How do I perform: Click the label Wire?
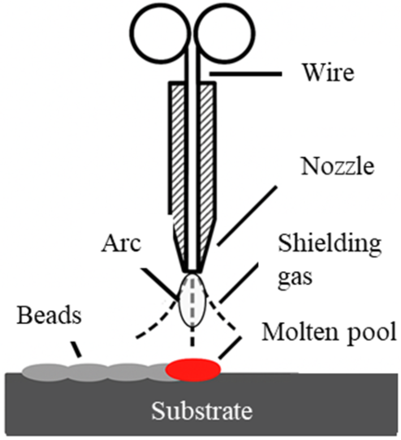tap(329, 72)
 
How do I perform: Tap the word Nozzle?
tap(338, 166)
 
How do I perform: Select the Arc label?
tap(122, 243)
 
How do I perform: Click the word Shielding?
tap(330, 244)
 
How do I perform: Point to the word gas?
tap(295, 276)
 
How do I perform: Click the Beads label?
tap(49, 316)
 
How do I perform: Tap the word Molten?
tap(295, 331)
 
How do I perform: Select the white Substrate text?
tap(201, 411)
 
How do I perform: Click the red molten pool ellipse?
tap(193, 369)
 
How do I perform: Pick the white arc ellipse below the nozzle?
tap(193, 299)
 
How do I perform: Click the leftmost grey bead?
tap(45, 372)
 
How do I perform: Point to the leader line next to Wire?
tap(246, 74)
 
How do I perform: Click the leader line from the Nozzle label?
tap(246, 216)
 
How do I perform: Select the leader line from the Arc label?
tap(160, 284)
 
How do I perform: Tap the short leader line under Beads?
tap(76, 349)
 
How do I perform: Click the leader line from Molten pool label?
tap(229, 348)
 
